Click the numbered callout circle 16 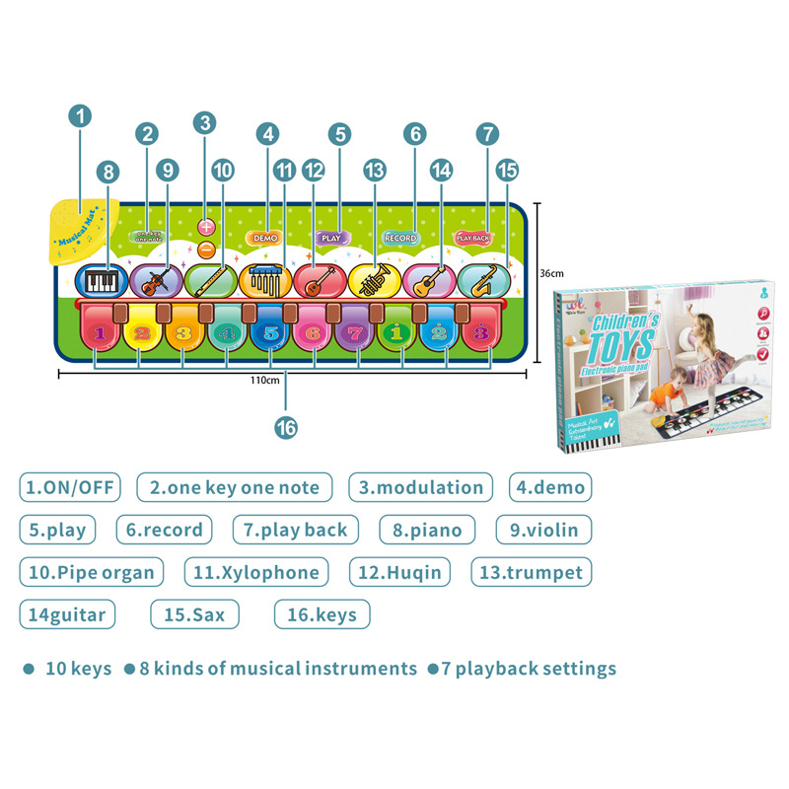[x=286, y=427]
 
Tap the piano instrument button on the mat [x=100, y=282]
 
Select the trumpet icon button [x=375, y=282]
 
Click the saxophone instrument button [x=483, y=282]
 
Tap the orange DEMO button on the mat [x=265, y=238]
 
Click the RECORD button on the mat [x=400, y=238]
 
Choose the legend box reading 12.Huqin [x=400, y=572]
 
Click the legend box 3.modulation [x=421, y=487]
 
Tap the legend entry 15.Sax [x=194, y=614]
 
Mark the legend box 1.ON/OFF [x=68, y=487]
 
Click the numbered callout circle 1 [x=80, y=115]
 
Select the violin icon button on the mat [x=155, y=282]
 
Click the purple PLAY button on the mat [x=331, y=238]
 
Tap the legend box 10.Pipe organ [x=92, y=572]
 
